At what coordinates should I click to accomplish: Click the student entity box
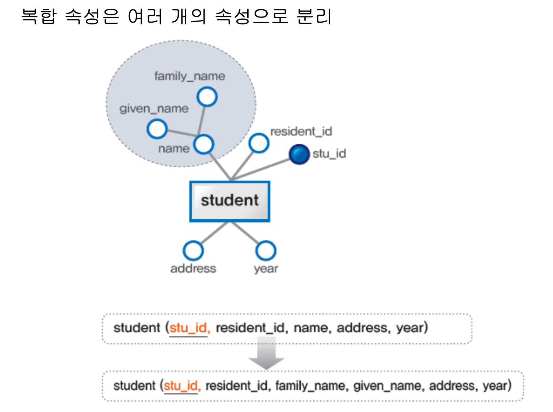click(x=229, y=201)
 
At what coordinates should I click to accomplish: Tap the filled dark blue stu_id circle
click(x=299, y=154)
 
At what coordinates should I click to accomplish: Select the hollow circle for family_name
click(x=207, y=97)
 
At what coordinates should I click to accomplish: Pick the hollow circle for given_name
click(x=157, y=129)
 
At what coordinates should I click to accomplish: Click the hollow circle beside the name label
click(x=203, y=144)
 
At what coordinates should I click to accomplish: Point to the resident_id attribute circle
click(x=259, y=143)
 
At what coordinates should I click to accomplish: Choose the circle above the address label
click(x=193, y=251)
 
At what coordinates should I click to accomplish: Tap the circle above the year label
click(x=266, y=251)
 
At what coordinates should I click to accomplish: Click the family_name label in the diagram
click(x=190, y=76)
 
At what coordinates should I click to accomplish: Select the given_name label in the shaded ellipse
click(x=154, y=108)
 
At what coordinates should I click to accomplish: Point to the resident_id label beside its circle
click(x=301, y=131)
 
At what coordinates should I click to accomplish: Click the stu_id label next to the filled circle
click(x=329, y=154)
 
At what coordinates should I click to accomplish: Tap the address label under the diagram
click(x=193, y=269)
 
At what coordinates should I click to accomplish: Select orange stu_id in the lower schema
click(x=181, y=386)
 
